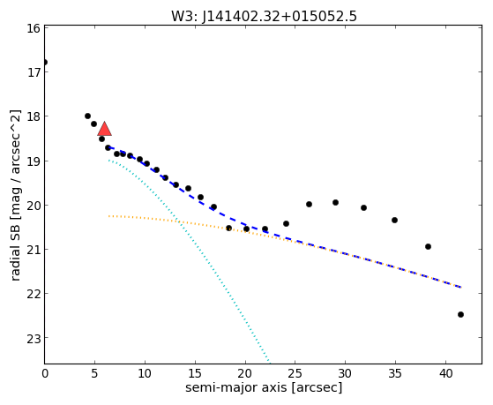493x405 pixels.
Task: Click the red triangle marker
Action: (x=105, y=129)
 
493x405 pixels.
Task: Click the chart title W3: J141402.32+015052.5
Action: (x=264, y=17)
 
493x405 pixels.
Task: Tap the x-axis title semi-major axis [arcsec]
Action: (x=264, y=387)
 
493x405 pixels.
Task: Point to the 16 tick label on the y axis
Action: (x=34, y=28)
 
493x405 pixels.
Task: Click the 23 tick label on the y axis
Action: (x=34, y=338)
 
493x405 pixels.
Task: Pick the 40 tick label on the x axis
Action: (x=445, y=374)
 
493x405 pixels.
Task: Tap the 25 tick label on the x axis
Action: (x=295, y=374)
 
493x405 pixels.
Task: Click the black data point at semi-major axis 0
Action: (x=45, y=62)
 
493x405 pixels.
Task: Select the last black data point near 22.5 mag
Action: (x=460, y=314)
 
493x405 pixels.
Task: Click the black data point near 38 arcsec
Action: (x=428, y=246)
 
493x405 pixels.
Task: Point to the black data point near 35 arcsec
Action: (x=394, y=220)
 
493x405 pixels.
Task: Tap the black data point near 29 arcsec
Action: (x=335, y=202)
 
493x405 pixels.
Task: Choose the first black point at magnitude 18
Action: (x=87, y=116)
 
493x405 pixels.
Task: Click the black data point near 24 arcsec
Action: (x=286, y=224)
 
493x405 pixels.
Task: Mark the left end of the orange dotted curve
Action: (x=108, y=216)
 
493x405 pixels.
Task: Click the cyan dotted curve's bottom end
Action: (x=270, y=361)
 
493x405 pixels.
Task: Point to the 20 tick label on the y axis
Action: (x=34, y=206)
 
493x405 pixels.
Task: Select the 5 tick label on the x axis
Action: (x=94, y=374)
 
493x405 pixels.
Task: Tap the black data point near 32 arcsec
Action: (x=363, y=207)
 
